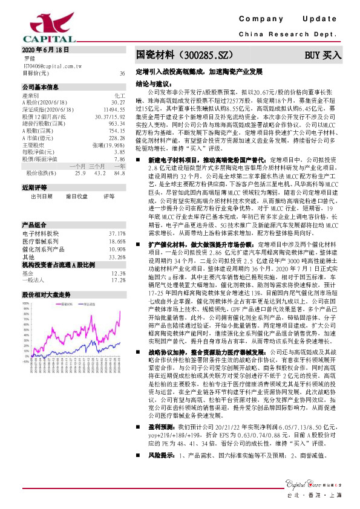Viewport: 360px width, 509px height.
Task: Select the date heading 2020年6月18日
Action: [x=45, y=50]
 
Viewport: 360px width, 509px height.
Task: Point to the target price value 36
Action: [x=122, y=73]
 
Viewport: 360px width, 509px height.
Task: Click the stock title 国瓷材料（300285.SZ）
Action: [x=185, y=55]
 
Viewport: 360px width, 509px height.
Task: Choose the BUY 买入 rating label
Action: [x=323, y=55]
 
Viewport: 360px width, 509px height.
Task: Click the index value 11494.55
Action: [x=114, y=109]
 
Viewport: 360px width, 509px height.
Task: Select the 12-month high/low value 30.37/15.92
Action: [x=110, y=115]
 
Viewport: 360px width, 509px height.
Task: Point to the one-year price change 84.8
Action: [x=119, y=172]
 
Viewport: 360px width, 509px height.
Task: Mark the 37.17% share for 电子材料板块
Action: [x=117, y=216]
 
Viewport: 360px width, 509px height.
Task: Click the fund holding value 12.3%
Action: [x=118, y=256]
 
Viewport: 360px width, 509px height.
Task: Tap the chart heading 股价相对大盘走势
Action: [x=47, y=277]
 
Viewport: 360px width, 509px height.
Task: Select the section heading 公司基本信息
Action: [x=41, y=87]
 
